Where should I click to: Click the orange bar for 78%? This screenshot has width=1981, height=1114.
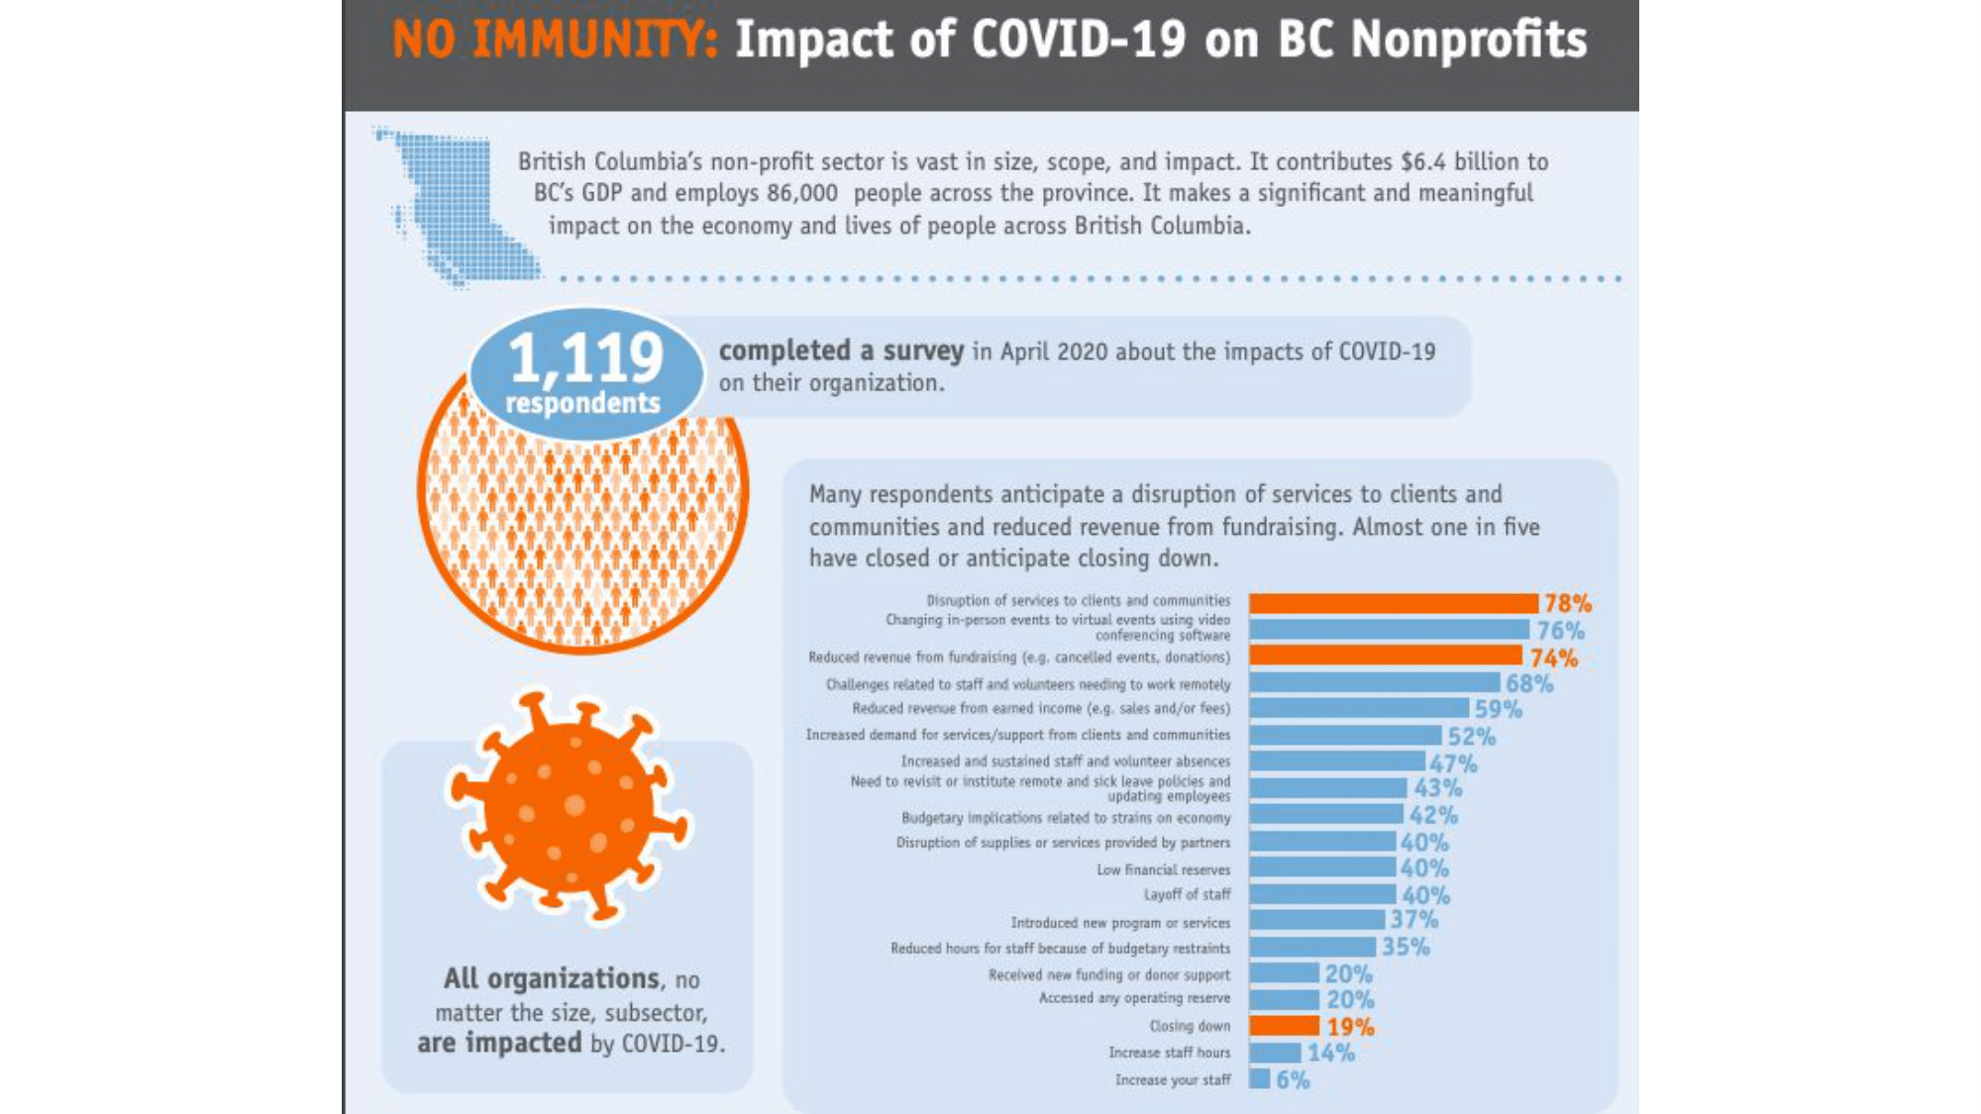point(1393,603)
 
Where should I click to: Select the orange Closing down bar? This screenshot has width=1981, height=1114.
point(1284,1026)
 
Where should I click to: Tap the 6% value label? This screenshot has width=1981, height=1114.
point(1293,1079)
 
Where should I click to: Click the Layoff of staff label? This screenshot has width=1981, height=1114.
point(1187,894)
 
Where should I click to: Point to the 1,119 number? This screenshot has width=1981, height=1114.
point(585,357)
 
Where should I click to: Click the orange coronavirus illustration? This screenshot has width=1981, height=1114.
point(569,807)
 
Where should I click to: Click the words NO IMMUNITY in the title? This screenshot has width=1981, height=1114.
point(555,41)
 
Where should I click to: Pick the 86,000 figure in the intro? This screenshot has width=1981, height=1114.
point(801,193)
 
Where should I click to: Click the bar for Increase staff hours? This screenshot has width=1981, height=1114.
point(1275,1053)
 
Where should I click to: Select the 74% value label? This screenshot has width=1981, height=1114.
point(1553,658)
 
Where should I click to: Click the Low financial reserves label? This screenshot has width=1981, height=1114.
point(1163,869)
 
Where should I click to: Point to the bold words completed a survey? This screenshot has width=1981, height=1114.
point(841,351)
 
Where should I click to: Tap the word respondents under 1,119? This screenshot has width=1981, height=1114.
point(582,403)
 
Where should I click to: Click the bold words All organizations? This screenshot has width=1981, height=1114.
point(551,978)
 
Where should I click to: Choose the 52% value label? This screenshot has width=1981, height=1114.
point(1471,736)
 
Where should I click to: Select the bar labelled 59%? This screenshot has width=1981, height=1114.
point(1358,708)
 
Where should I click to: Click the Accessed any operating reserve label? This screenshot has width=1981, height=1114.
point(1134,998)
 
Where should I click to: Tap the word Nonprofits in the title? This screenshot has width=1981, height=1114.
point(1469,41)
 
